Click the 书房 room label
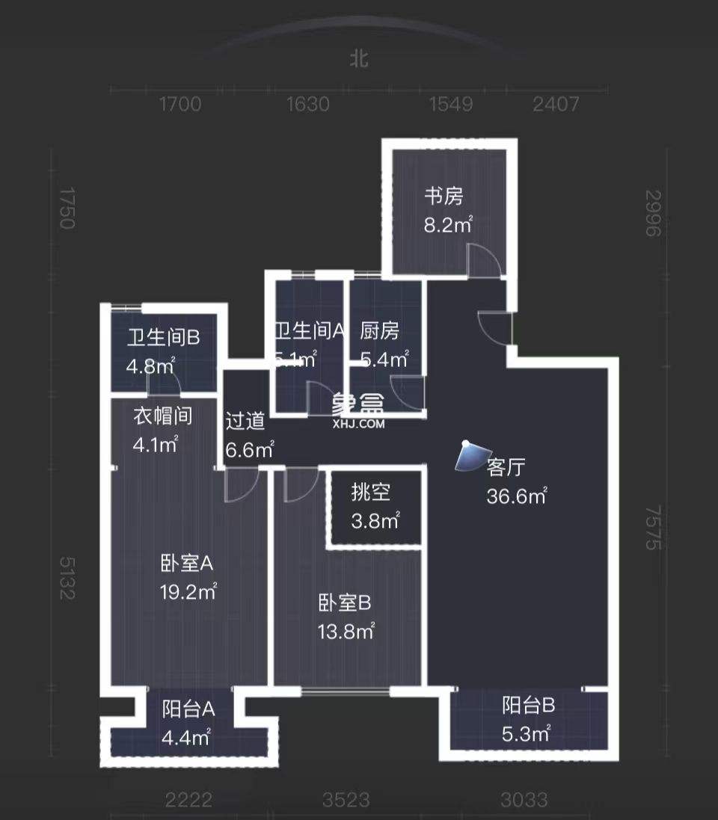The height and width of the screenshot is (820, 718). (444, 197)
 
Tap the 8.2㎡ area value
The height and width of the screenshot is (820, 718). (448, 224)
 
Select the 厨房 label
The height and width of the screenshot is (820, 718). (380, 330)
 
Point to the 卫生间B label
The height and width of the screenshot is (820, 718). (163, 338)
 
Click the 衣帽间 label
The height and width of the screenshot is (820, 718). (162, 416)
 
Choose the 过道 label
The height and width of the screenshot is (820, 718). (245, 422)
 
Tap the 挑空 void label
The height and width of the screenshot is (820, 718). (371, 493)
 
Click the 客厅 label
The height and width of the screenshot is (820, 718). (506, 468)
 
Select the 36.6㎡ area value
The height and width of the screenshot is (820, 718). (516, 496)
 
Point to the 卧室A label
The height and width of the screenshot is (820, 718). (187, 562)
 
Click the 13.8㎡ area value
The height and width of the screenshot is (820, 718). (346, 632)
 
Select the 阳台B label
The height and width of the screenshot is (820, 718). (528, 704)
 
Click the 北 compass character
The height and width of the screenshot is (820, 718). (360, 59)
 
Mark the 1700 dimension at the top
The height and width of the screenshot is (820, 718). (180, 104)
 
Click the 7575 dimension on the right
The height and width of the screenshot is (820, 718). (653, 527)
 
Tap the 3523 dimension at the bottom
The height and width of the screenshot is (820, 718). (346, 800)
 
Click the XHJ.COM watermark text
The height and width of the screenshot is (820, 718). (358, 424)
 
